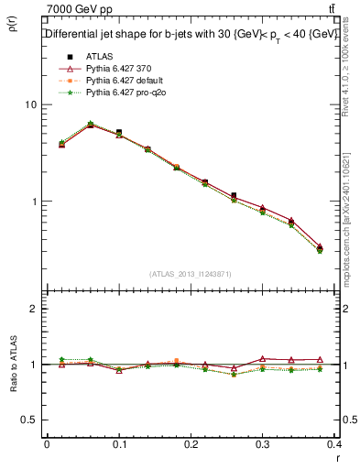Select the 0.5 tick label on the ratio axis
[x=27, y=420]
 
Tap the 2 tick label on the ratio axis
[x=32, y=310]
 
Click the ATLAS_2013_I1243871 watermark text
[x=191, y=274]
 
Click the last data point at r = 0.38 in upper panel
[x=319, y=248]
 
